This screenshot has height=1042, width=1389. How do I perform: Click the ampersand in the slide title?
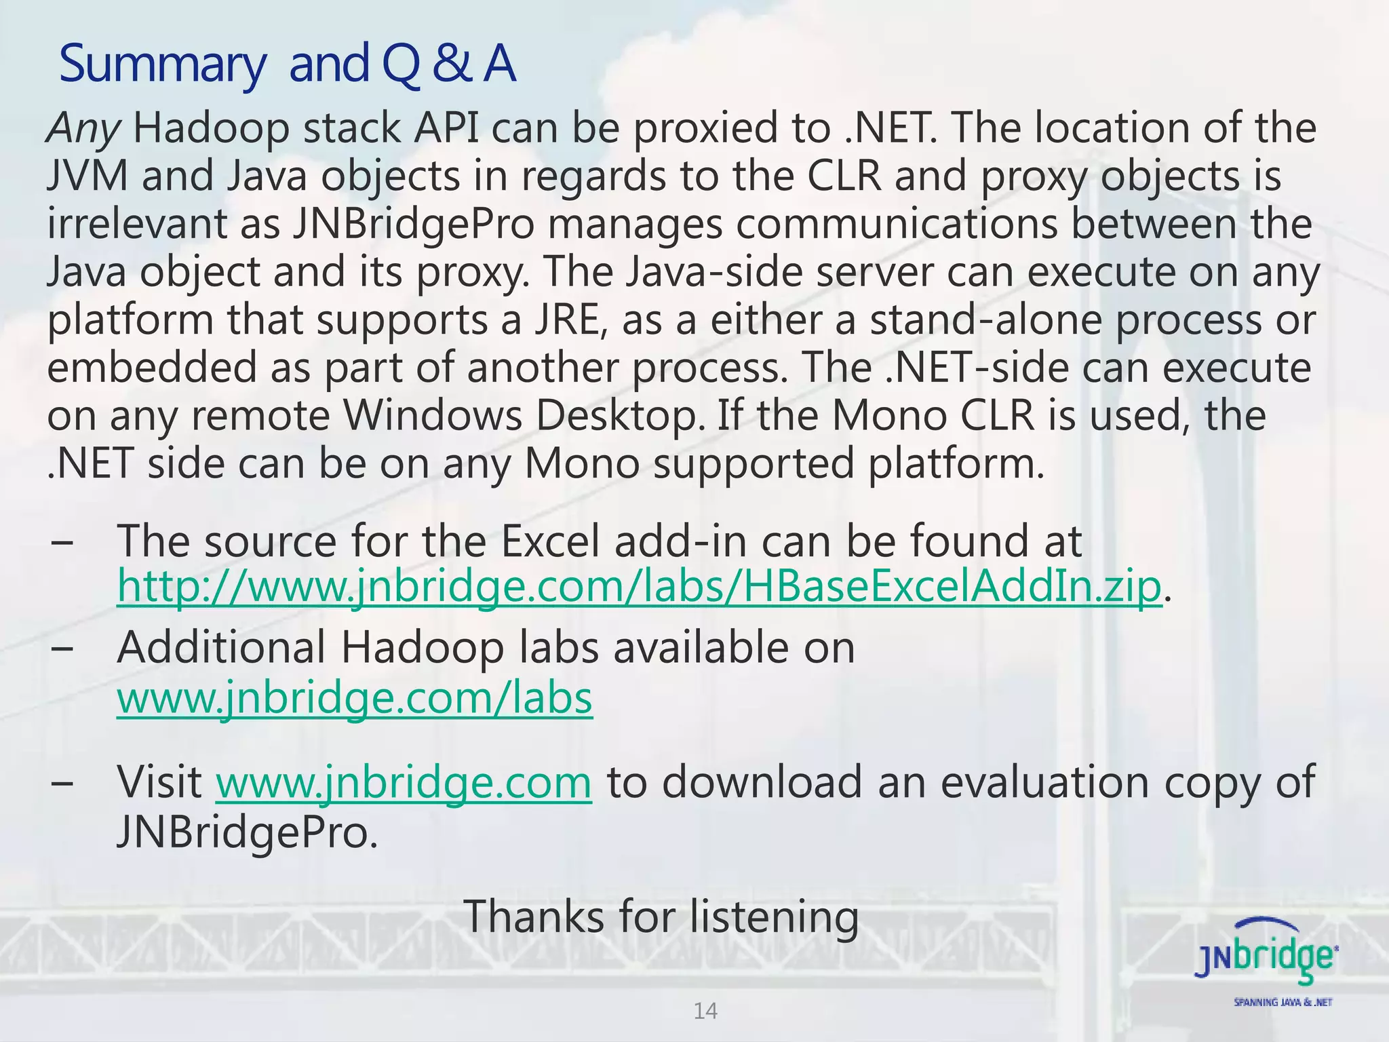tap(452, 63)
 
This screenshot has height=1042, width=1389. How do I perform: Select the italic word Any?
tap(83, 129)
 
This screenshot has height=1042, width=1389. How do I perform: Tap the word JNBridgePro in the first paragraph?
tap(413, 225)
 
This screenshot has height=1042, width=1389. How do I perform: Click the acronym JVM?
tap(87, 176)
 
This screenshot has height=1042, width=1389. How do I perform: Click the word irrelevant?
tap(136, 225)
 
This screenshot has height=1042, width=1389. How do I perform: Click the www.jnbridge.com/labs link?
tap(355, 698)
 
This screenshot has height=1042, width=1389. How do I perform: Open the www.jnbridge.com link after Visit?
tap(404, 782)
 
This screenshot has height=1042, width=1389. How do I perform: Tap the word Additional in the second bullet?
tap(221, 647)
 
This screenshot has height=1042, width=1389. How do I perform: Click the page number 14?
tap(705, 1011)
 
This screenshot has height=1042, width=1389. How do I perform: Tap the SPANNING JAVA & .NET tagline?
tap(1283, 1003)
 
